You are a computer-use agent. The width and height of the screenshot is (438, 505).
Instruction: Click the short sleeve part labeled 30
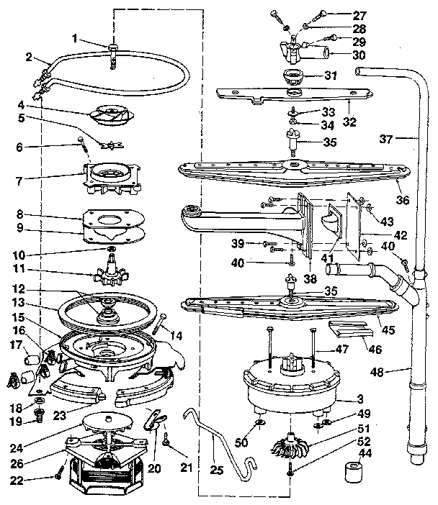coord(322,53)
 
